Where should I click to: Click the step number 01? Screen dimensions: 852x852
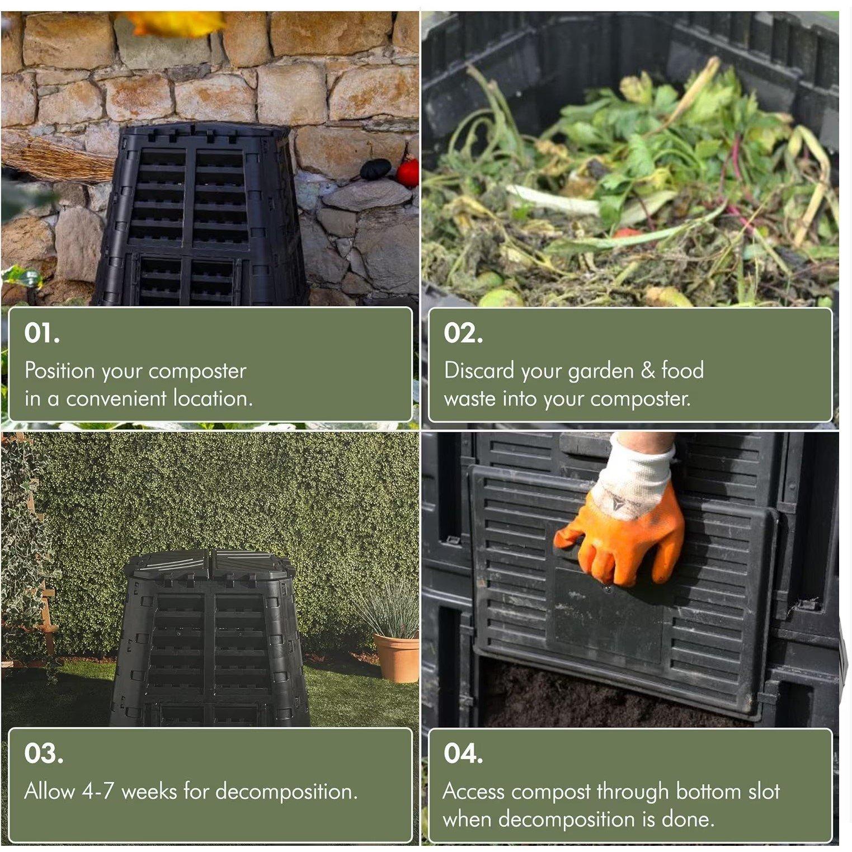41,333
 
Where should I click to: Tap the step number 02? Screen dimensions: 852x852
463,333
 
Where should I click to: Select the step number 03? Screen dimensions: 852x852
43,754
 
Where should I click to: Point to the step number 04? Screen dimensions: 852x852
463,754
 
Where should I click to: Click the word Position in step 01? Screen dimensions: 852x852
60,371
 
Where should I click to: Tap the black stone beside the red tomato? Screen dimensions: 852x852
376,169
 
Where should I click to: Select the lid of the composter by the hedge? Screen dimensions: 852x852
210,565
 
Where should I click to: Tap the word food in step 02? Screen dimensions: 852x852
682,370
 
